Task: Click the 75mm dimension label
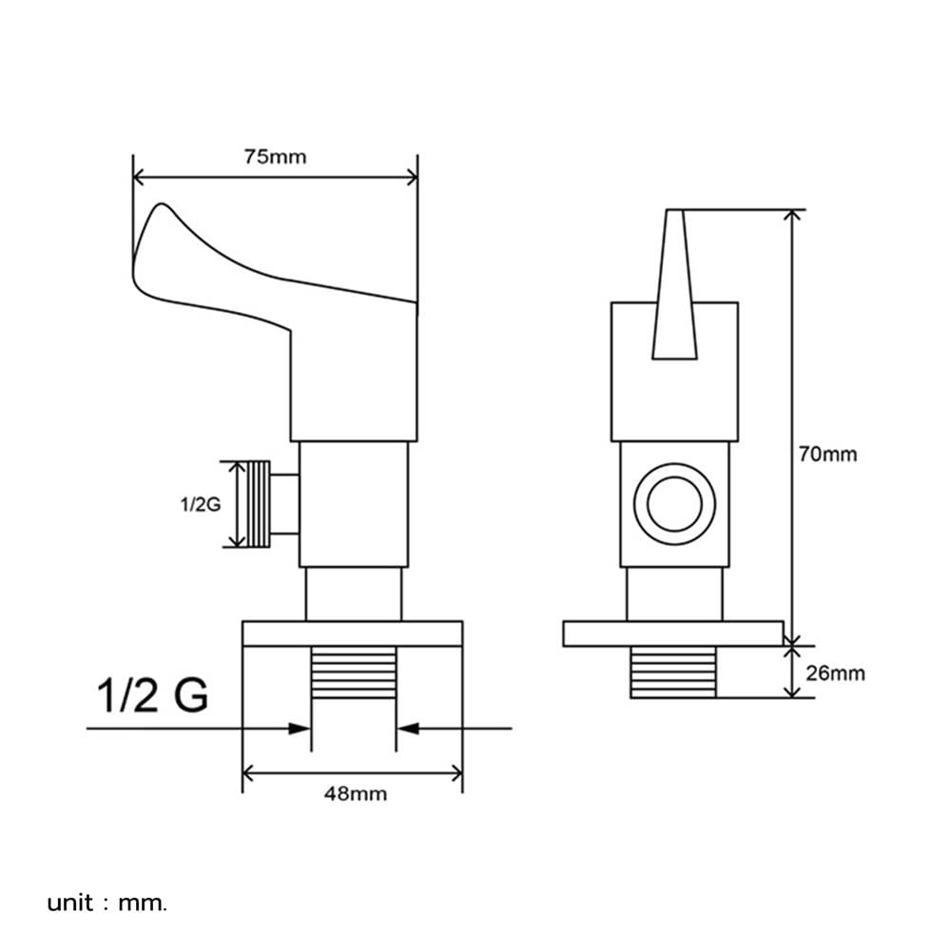click(x=275, y=157)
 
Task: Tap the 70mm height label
click(x=827, y=455)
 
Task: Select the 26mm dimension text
click(x=835, y=673)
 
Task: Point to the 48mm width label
click(x=356, y=794)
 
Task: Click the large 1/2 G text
click(x=152, y=695)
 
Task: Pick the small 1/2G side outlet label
click(x=201, y=504)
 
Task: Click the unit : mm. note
click(x=107, y=903)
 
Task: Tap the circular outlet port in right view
click(x=674, y=504)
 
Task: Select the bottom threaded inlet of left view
click(x=354, y=672)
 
